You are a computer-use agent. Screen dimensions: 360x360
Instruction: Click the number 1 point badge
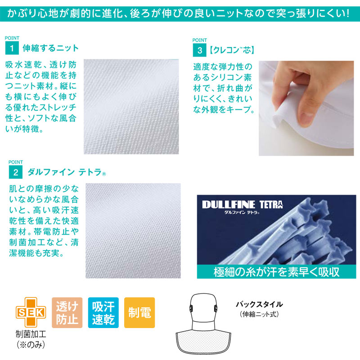(x=12, y=48)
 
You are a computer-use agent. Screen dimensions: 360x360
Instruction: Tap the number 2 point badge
(x=16, y=172)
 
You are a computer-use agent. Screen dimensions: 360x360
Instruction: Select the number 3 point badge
(x=199, y=50)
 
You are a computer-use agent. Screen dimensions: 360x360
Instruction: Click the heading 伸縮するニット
(x=50, y=48)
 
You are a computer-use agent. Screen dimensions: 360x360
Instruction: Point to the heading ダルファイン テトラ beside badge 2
(x=67, y=172)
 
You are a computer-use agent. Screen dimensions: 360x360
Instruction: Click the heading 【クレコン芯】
(x=232, y=50)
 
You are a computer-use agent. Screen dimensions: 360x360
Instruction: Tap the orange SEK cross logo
(x=31, y=312)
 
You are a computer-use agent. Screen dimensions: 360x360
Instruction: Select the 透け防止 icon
(x=67, y=312)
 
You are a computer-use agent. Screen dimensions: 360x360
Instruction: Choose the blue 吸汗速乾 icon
(x=103, y=312)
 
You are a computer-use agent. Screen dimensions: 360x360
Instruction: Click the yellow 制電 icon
(x=139, y=312)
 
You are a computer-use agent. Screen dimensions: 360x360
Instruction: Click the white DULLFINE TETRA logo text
(x=243, y=204)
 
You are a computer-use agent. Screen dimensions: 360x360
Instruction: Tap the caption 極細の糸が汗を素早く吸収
(x=276, y=272)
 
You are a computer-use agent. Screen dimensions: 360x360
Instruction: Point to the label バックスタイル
(x=260, y=305)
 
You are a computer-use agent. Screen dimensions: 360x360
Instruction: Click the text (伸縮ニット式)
(x=260, y=314)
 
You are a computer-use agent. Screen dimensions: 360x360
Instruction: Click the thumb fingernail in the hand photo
(x=306, y=118)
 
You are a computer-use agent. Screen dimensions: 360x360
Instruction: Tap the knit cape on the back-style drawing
(x=203, y=342)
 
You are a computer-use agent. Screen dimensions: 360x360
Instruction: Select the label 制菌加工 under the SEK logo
(x=31, y=334)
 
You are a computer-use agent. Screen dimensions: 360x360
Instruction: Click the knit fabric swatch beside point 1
(x=131, y=107)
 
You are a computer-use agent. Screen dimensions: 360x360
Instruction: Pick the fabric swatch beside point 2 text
(x=133, y=231)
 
